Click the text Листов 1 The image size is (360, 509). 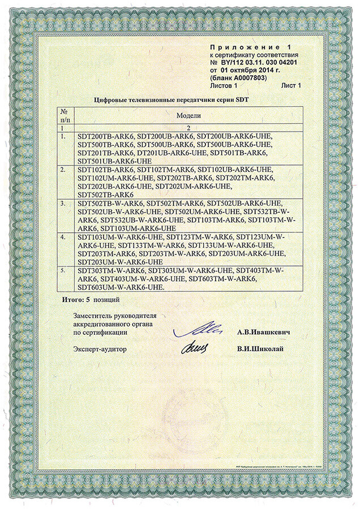(x=224, y=85)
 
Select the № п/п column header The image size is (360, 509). (x=64, y=115)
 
